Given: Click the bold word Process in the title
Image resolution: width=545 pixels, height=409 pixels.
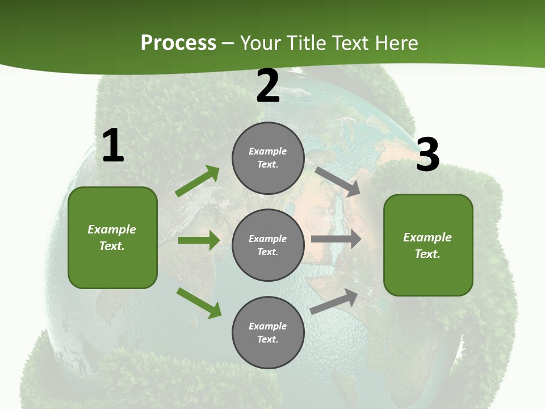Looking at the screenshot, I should tap(178, 43).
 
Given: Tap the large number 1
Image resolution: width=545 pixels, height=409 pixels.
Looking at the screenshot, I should tap(113, 145).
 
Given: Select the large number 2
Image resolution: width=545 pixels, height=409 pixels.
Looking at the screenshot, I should tap(268, 86).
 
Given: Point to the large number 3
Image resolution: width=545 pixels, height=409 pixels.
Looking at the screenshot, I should tap(428, 155).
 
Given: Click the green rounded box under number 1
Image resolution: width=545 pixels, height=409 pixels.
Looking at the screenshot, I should tap(112, 237).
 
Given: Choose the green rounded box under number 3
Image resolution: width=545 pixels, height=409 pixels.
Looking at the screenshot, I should tap(428, 245).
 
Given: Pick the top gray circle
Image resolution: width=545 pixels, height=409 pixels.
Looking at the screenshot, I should tap(268, 158).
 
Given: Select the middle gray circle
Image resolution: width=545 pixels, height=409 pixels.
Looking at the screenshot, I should tap(268, 245).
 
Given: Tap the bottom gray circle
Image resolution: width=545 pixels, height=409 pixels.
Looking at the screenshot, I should tap(268, 332).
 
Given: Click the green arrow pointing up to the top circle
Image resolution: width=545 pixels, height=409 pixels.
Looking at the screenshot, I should tap(198, 181).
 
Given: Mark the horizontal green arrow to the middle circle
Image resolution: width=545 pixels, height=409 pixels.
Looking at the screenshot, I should tap(199, 240).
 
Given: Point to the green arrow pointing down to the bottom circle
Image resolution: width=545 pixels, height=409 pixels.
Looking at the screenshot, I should tap(199, 303).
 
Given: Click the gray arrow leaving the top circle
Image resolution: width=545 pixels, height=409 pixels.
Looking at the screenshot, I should tap(338, 181).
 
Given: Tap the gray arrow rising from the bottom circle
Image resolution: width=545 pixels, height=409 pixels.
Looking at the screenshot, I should tap(334, 301).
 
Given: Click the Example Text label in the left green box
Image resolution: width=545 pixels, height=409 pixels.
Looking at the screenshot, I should tap(112, 237).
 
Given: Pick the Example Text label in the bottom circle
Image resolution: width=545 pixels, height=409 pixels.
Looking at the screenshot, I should tap(268, 332).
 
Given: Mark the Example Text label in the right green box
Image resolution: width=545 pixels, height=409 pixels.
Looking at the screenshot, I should tap(427, 245).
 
